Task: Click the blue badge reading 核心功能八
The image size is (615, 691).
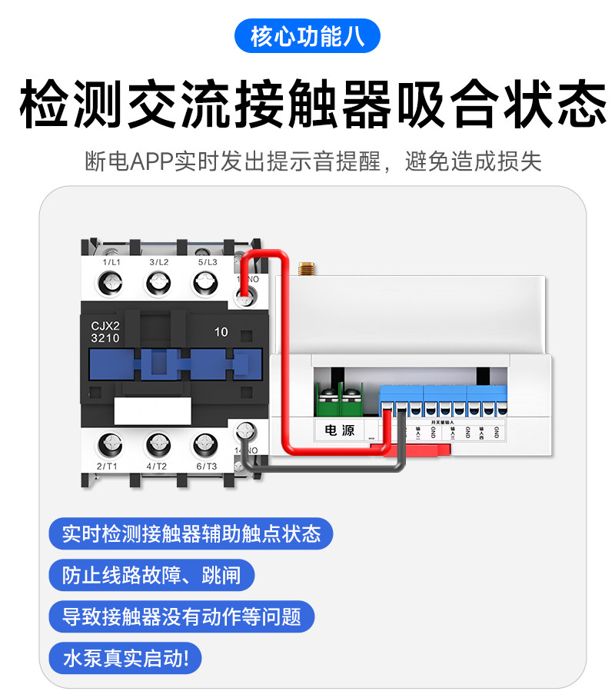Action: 307,36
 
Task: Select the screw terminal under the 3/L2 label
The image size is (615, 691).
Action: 158,284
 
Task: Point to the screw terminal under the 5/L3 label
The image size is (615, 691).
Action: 205,284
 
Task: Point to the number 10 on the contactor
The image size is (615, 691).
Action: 221,332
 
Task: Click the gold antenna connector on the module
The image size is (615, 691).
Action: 306,269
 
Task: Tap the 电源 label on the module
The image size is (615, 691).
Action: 339,430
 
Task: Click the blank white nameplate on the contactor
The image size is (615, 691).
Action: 151,410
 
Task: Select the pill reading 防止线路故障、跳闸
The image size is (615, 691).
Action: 151,575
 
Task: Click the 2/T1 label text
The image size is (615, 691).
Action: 107,467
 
